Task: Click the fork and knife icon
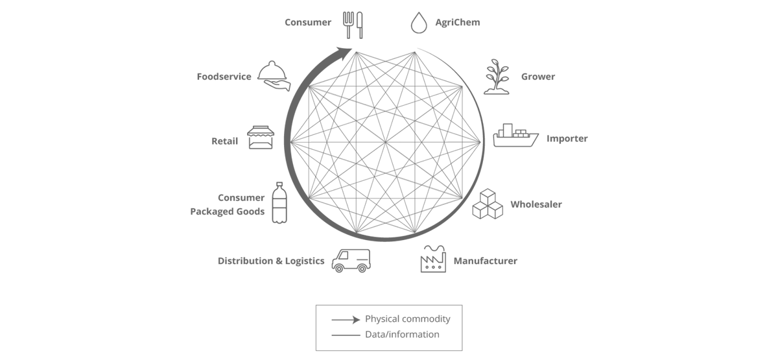(x=353, y=24)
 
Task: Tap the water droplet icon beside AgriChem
(x=419, y=23)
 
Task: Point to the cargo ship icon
(x=515, y=136)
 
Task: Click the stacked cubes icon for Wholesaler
(x=488, y=204)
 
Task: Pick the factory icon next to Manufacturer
(x=433, y=259)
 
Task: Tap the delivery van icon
(x=351, y=260)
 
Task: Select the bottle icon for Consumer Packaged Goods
(x=279, y=203)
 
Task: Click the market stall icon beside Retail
(x=261, y=138)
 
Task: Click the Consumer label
(x=308, y=23)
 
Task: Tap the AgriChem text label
(x=458, y=23)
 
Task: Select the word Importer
(x=567, y=139)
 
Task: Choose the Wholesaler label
(x=536, y=204)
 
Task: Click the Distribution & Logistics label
(x=271, y=261)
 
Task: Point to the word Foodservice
(x=224, y=77)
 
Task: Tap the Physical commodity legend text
(x=407, y=319)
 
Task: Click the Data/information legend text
(x=402, y=335)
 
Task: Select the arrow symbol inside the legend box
(x=346, y=319)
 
